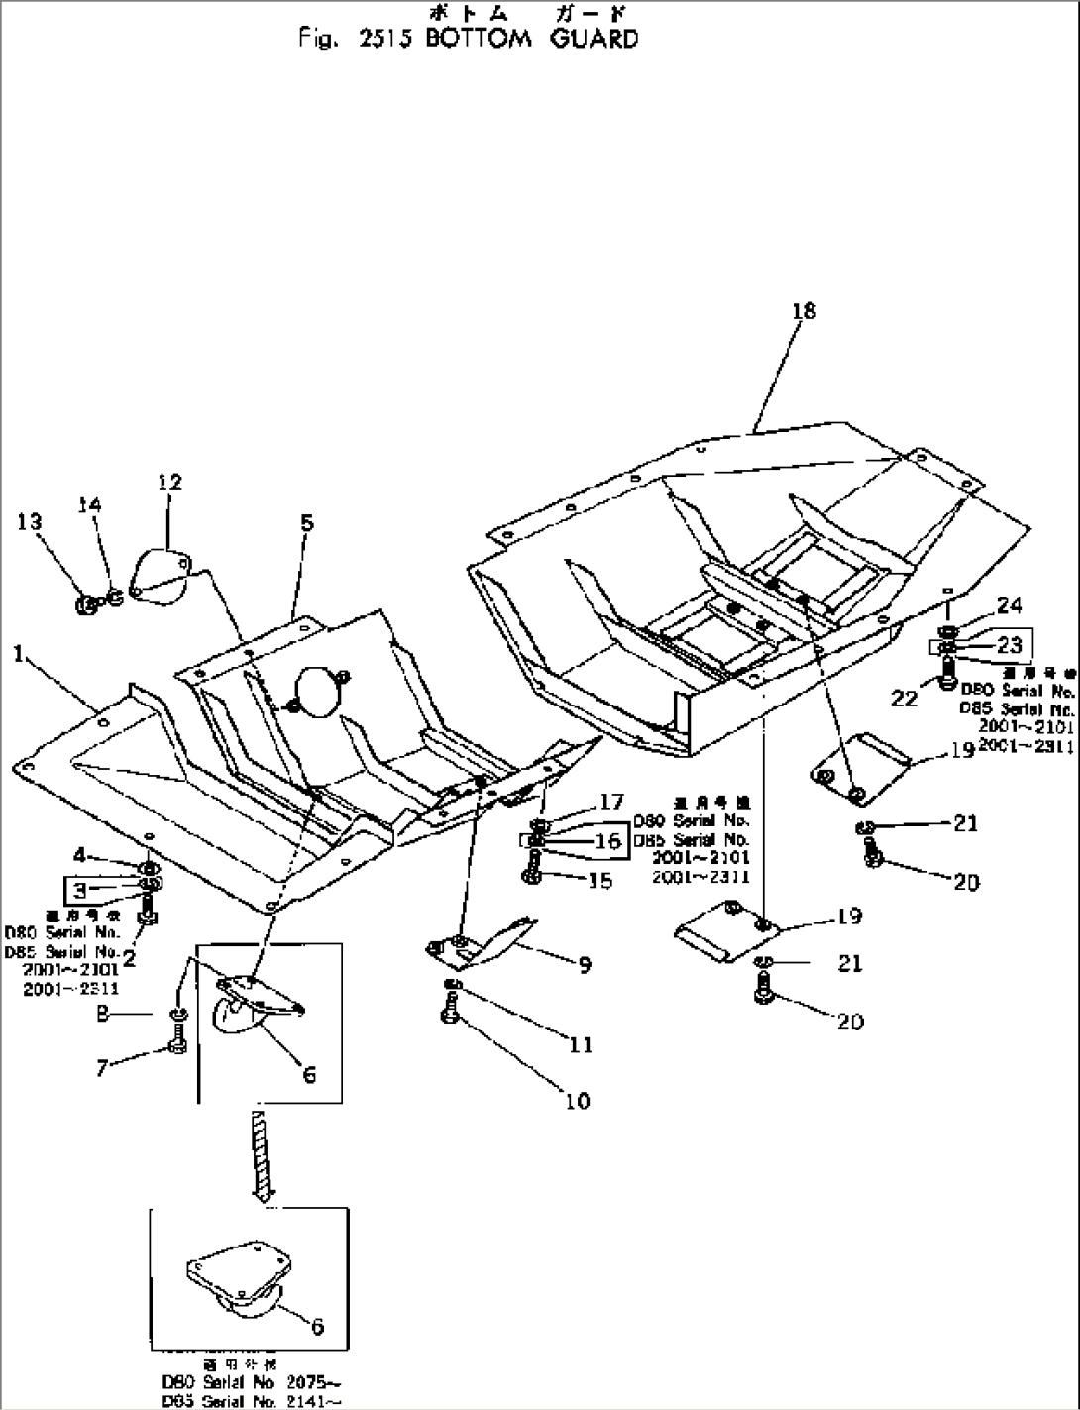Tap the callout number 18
[804, 311]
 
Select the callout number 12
[169, 483]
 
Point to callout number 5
[307, 522]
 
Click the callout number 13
[30, 521]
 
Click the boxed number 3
[79, 889]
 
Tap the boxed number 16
[608, 841]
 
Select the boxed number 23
[1009, 645]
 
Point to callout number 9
[585, 964]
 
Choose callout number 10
[577, 1100]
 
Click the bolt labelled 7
[178, 1043]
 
